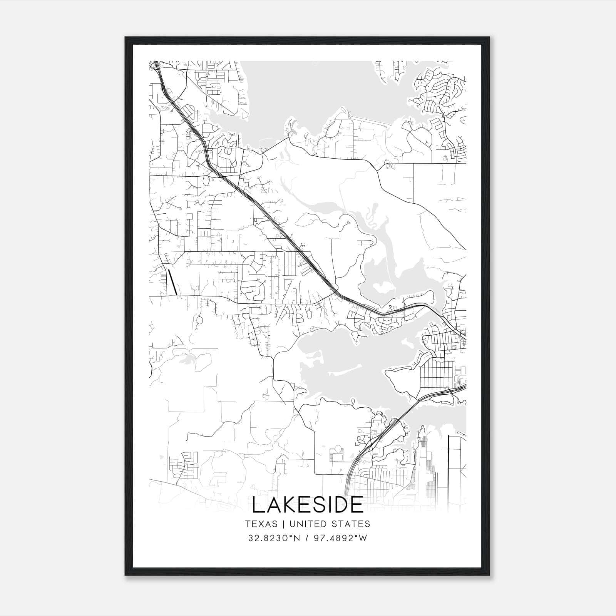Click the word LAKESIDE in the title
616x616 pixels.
pos(308,505)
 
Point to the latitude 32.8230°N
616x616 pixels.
pos(273,538)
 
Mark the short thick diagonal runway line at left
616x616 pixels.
pos(172,282)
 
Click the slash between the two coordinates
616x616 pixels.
pos(307,538)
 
